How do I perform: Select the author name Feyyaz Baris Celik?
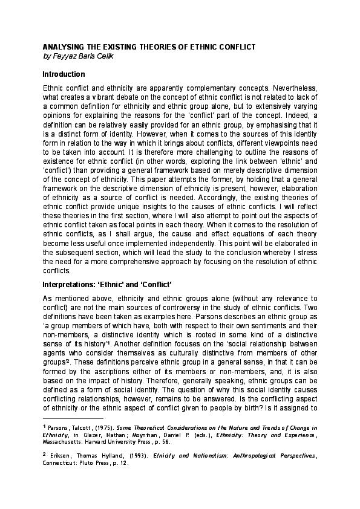click(x=82, y=56)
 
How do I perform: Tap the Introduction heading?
click(x=64, y=74)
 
